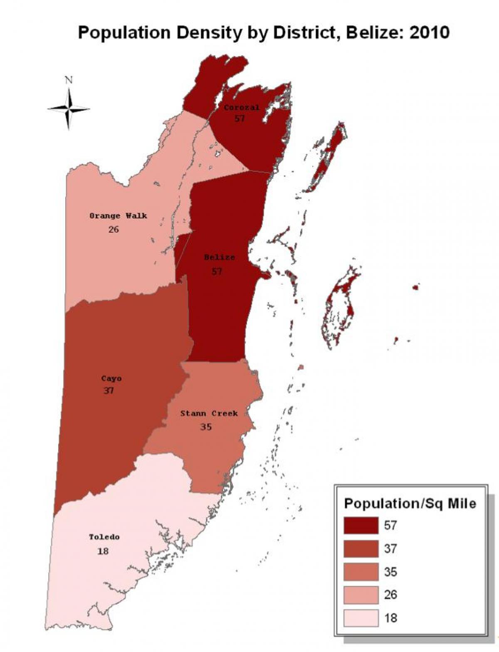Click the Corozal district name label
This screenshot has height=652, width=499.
pos(241,107)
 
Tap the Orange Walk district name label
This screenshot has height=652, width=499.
pos(118,216)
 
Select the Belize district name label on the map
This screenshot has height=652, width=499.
pos(219,257)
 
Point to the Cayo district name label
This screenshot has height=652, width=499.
pos(111,378)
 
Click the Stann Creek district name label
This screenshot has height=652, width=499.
pos(209,413)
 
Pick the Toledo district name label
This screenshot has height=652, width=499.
pos(104,537)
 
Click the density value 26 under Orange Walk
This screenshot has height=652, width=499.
pos(113,229)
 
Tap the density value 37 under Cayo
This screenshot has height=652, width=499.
pos(109,391)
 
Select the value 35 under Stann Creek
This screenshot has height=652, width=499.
pos(206,427)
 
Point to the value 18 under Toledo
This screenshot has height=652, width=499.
pos(103,551)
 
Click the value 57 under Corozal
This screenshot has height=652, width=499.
pos(239,118)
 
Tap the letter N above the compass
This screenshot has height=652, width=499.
pos(69,80)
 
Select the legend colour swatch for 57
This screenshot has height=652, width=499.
pos(361,525)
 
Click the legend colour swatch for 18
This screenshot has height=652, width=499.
pos(361,618)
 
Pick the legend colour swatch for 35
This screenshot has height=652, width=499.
pos(361,572)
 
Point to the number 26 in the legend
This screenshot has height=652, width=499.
pos(390,595)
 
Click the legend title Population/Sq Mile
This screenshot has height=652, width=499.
pos(410,504)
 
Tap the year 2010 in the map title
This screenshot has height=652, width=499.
pos(429,32)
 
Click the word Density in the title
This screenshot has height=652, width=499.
pos(203,32)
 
